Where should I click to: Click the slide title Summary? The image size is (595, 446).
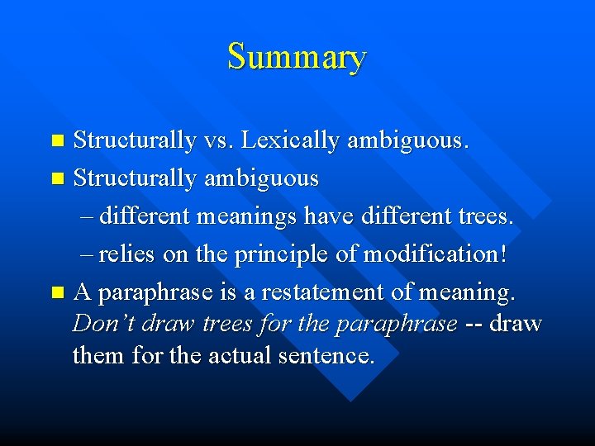click(297, 57)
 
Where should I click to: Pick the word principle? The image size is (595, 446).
click(278, 254)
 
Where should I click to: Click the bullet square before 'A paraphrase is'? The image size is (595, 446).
click(56, 292)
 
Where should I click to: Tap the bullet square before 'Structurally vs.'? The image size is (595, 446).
click(56, 141)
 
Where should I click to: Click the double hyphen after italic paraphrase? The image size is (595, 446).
click(474, 323)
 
